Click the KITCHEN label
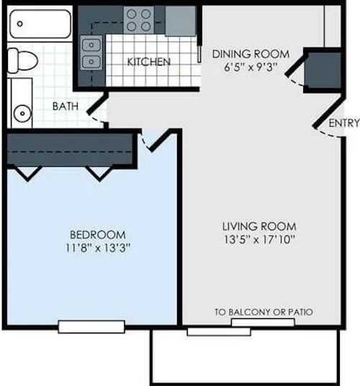pos(149,62)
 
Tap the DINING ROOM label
pos(250,54)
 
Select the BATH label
pos(66,107)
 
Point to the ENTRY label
pos(343,123)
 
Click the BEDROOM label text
pos(98,235)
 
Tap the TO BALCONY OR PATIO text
pos(264,313)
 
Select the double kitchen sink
pos(91,53)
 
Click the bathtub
pos(40,24)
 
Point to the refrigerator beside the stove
pos(180,20)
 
